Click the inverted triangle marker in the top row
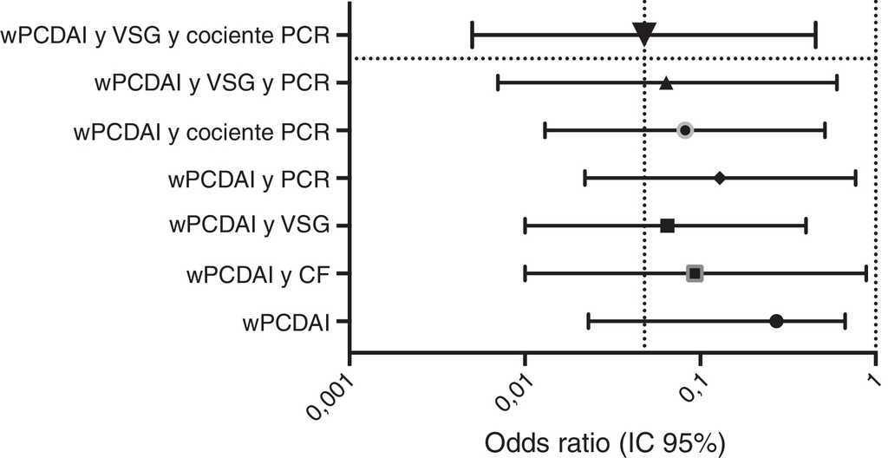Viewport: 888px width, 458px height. click(643, 35)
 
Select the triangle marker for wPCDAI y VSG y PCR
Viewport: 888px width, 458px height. click(666, 84)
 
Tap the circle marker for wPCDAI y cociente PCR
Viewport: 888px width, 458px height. click(685, 130)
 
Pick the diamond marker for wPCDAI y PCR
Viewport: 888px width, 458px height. click(720, 178)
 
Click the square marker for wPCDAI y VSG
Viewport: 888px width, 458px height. click(667, 226)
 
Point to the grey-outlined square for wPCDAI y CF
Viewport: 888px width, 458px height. click(695, 274)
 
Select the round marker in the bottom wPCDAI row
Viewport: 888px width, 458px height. click(776, 321)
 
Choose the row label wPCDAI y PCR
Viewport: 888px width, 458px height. click(250, 180)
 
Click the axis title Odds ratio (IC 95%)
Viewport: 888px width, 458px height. click(604, 441)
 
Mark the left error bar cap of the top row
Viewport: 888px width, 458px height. click(472, 36)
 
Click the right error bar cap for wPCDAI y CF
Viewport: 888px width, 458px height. click(866, 274)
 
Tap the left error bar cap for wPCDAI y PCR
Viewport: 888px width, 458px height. click(585, 179)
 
